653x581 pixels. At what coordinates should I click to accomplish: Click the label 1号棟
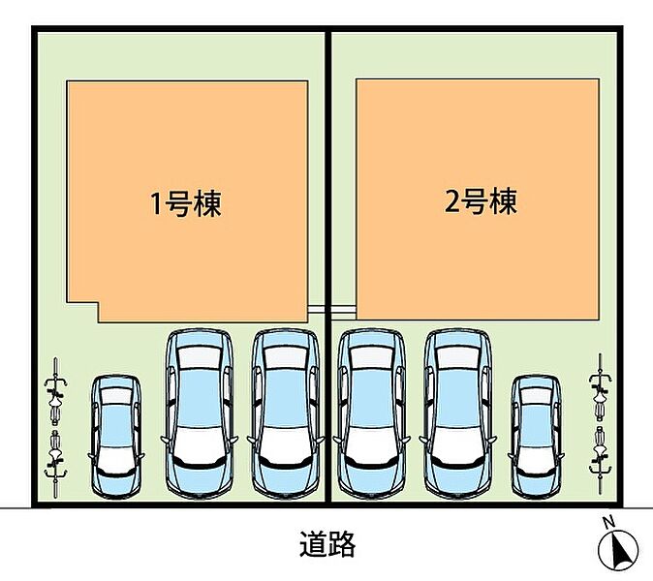point(186,203)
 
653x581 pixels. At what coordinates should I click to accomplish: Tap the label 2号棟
point(481,201)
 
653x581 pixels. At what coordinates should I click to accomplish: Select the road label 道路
point(327,544)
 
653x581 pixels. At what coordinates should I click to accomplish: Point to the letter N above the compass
point(609,521)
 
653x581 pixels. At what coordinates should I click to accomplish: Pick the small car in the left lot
point(115,436)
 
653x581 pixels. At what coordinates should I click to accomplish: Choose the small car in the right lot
point(536,436)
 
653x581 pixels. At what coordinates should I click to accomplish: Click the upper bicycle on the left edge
point(55,390)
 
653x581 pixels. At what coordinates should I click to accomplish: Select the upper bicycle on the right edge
point(600,386)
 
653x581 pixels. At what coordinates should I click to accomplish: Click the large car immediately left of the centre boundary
point(286,413)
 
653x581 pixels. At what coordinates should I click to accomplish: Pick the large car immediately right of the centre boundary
point(371,413)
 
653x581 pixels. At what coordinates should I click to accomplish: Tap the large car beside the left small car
point(200,413)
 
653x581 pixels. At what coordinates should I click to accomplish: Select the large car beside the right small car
point(457,413)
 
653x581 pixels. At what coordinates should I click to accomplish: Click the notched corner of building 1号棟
point(98,303)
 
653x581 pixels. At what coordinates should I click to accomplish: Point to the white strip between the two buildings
point(331,310)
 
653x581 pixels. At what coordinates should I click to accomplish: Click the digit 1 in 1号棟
point(156,204)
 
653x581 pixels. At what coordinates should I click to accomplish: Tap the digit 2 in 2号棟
point(451,201)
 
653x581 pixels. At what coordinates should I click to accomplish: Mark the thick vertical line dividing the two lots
point(328,266)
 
